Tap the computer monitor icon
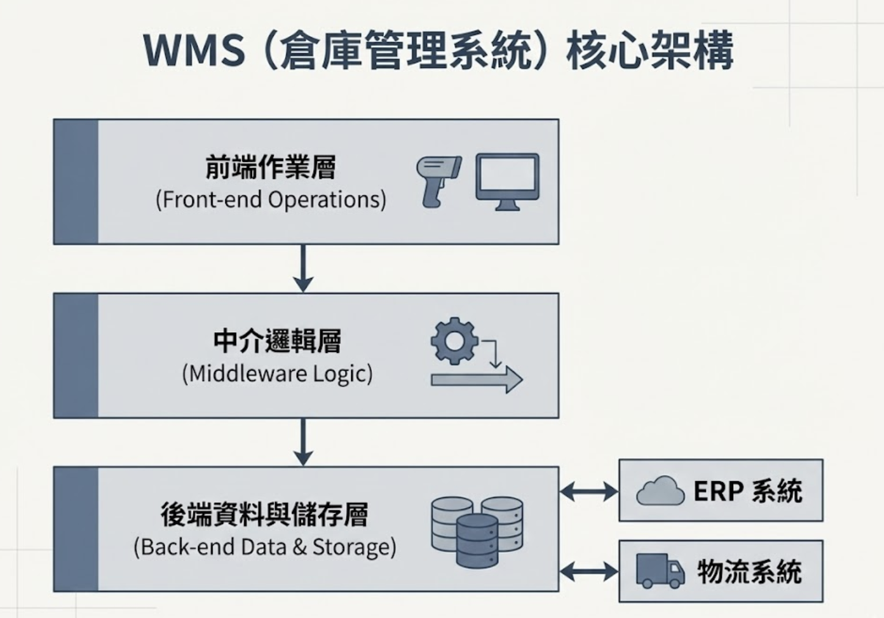click(507, 181)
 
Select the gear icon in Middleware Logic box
click(454, 341)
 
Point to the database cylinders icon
click(477, 531)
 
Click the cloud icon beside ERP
click(660, 491)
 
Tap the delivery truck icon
click(660, 571)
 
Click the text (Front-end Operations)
click(270, 200)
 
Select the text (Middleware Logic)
click(277, 374)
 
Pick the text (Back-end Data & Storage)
click(264, 547)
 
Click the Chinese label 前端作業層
click(270, 167)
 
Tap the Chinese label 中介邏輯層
click(277, 341)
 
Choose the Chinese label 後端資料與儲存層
click(264, 514)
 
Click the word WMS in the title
click(194, 50)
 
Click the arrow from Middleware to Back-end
click(303, 442)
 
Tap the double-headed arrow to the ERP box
click(589, 491)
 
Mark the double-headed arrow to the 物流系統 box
click(589, 572)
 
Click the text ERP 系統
click(747, 491)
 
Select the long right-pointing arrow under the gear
click(476, 380)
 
